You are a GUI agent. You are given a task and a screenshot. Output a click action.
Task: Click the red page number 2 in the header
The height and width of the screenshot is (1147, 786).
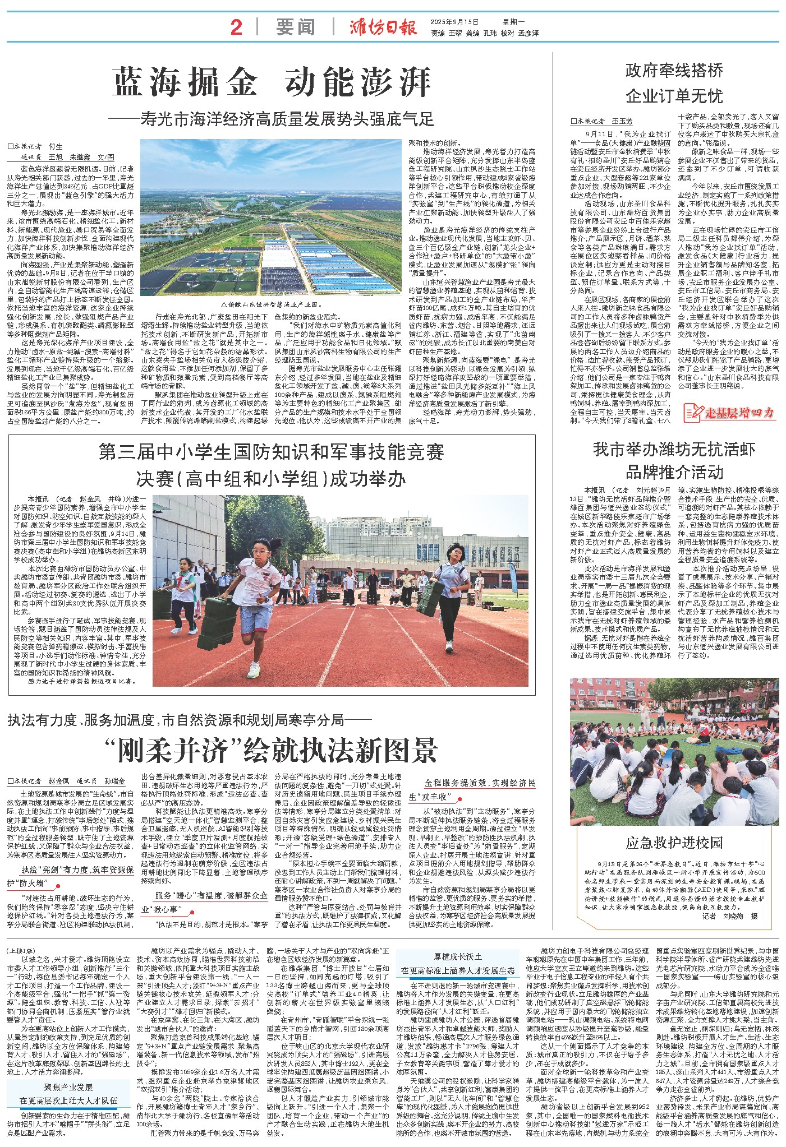coord(236,27)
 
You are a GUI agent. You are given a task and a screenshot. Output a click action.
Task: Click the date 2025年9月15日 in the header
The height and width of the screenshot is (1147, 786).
coord(455,22)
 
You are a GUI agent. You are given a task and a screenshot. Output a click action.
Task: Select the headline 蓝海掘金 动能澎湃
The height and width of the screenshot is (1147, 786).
coord(272,82)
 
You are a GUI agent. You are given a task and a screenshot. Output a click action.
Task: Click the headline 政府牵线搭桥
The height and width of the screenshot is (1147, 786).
coord(674,71)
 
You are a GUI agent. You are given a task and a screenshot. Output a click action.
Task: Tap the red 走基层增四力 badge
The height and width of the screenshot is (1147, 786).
coord(729,413)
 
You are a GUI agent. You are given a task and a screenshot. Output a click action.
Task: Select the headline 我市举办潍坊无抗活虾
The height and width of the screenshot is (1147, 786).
coord(674,450)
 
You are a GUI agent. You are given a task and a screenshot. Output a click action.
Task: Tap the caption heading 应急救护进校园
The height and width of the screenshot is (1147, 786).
coord(674,843)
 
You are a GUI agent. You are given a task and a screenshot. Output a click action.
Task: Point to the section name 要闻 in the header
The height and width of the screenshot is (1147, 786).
coord(295,27)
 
